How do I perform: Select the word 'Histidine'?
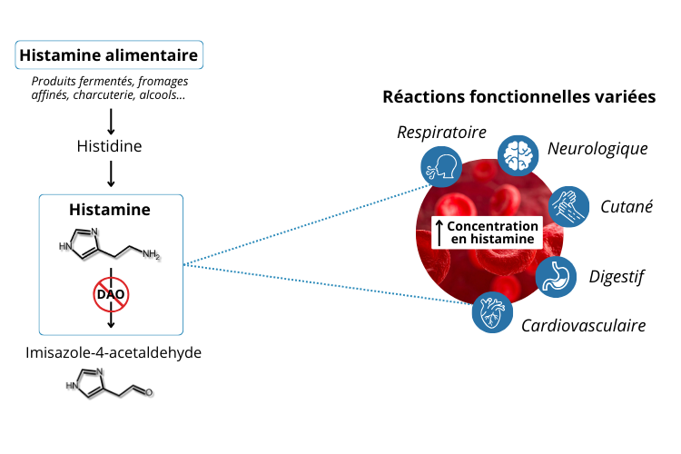coord(109,145)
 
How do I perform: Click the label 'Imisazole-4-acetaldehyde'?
coord(110,351)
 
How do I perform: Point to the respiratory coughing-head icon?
coord(439,167)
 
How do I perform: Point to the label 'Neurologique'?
coord(597,148)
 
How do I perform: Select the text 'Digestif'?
coord(617,276)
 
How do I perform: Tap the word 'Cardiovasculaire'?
coord(583,325)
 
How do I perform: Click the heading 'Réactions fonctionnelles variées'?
coord(518,96)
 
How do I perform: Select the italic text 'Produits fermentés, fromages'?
coord(109,81)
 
